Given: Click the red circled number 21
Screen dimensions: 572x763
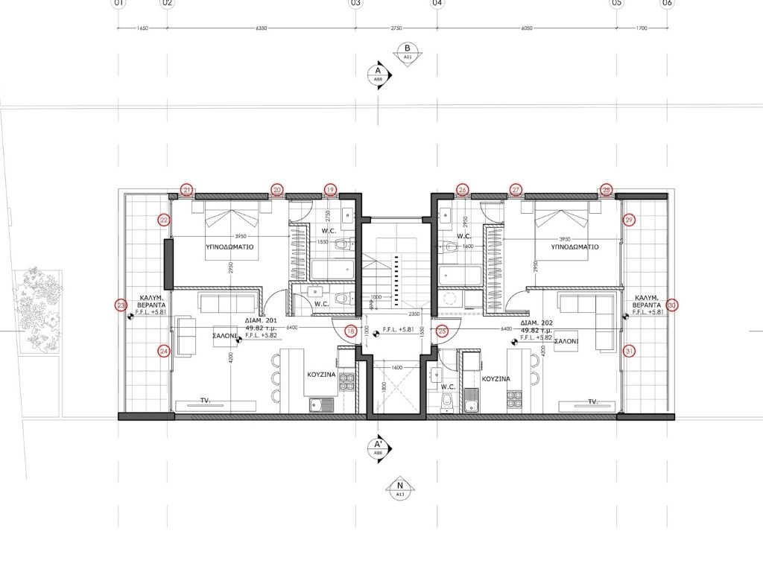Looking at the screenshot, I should coord(187,190).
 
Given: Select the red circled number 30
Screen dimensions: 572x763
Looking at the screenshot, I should coord(672,305).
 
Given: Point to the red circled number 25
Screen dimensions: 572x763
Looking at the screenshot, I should coord(442,331).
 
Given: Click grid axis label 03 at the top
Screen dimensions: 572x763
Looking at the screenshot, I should coord(355,4).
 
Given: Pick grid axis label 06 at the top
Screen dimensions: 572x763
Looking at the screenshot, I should coord(667,4).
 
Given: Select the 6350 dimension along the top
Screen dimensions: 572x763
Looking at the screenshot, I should coord(261,28).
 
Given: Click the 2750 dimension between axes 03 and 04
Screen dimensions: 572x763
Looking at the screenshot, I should coord(396,28).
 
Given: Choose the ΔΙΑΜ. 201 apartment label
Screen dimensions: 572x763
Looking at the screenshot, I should coord(262,325).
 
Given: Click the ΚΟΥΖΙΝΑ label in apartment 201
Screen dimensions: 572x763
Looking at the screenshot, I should coord(321,378).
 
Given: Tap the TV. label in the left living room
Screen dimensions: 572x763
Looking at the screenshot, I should coord(205,401).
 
